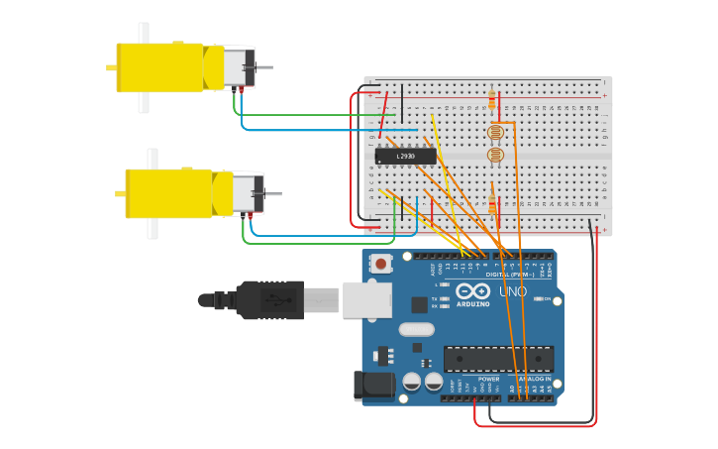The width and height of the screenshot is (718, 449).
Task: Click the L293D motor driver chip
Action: (405, 156)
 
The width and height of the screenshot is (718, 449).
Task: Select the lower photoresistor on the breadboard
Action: (496, 155)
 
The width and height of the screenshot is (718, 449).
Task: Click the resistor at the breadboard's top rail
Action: (491, 99)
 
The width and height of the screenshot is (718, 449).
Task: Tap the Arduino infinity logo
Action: (473, 291)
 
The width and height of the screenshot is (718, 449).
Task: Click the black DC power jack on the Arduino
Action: (369, 386)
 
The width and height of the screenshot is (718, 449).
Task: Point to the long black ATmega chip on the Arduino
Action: (498, 359)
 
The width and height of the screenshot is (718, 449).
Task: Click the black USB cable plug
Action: (268, 299)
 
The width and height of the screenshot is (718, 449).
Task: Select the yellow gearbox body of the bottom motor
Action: (169, 193)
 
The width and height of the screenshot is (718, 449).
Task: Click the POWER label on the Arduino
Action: (489, 379)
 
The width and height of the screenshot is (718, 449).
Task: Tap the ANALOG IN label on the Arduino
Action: (535, 379)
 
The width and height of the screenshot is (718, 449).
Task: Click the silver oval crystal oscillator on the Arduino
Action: (417, 329)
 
